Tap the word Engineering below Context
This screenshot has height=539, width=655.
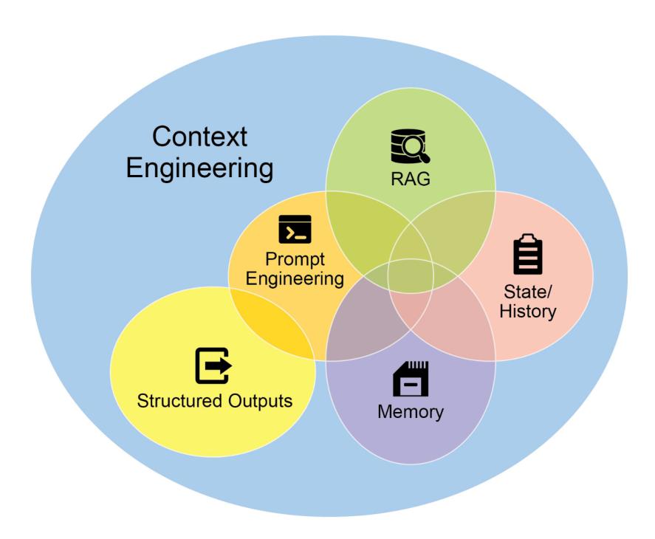click(x=199, y=168)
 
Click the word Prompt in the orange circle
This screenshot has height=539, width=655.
click(x=295, y=259)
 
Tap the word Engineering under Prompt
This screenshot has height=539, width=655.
click(x=295, y=279)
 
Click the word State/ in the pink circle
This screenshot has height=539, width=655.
click(x=527, y=291)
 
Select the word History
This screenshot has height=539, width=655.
click(x=527, y=311)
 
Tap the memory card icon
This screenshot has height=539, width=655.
click(x=411, y=379)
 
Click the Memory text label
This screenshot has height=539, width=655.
click(x=411, y=411)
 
